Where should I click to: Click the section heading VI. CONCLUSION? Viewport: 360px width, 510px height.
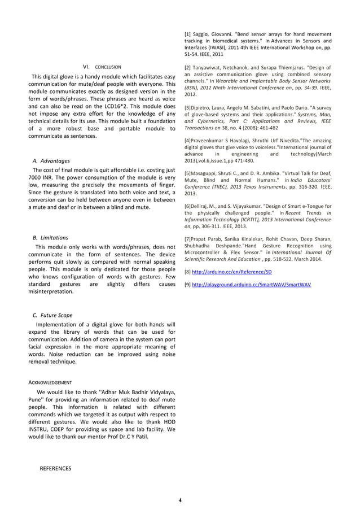102,67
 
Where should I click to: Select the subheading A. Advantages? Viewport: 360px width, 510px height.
51,160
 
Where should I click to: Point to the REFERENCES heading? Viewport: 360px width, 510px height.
55,468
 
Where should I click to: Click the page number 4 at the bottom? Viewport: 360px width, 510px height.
180,500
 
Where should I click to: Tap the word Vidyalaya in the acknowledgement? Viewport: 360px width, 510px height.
159,392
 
